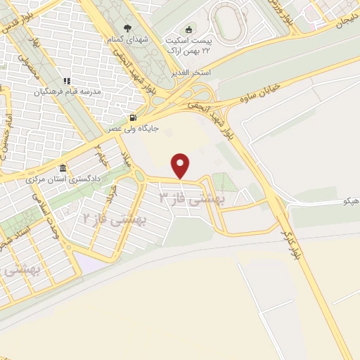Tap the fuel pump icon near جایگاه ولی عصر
tap(133, 117)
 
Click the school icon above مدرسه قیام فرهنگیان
tap(67, 82)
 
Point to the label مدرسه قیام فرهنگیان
tap(69, 92)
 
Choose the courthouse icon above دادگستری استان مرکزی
tap(63, 168)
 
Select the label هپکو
tap(349, 201)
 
